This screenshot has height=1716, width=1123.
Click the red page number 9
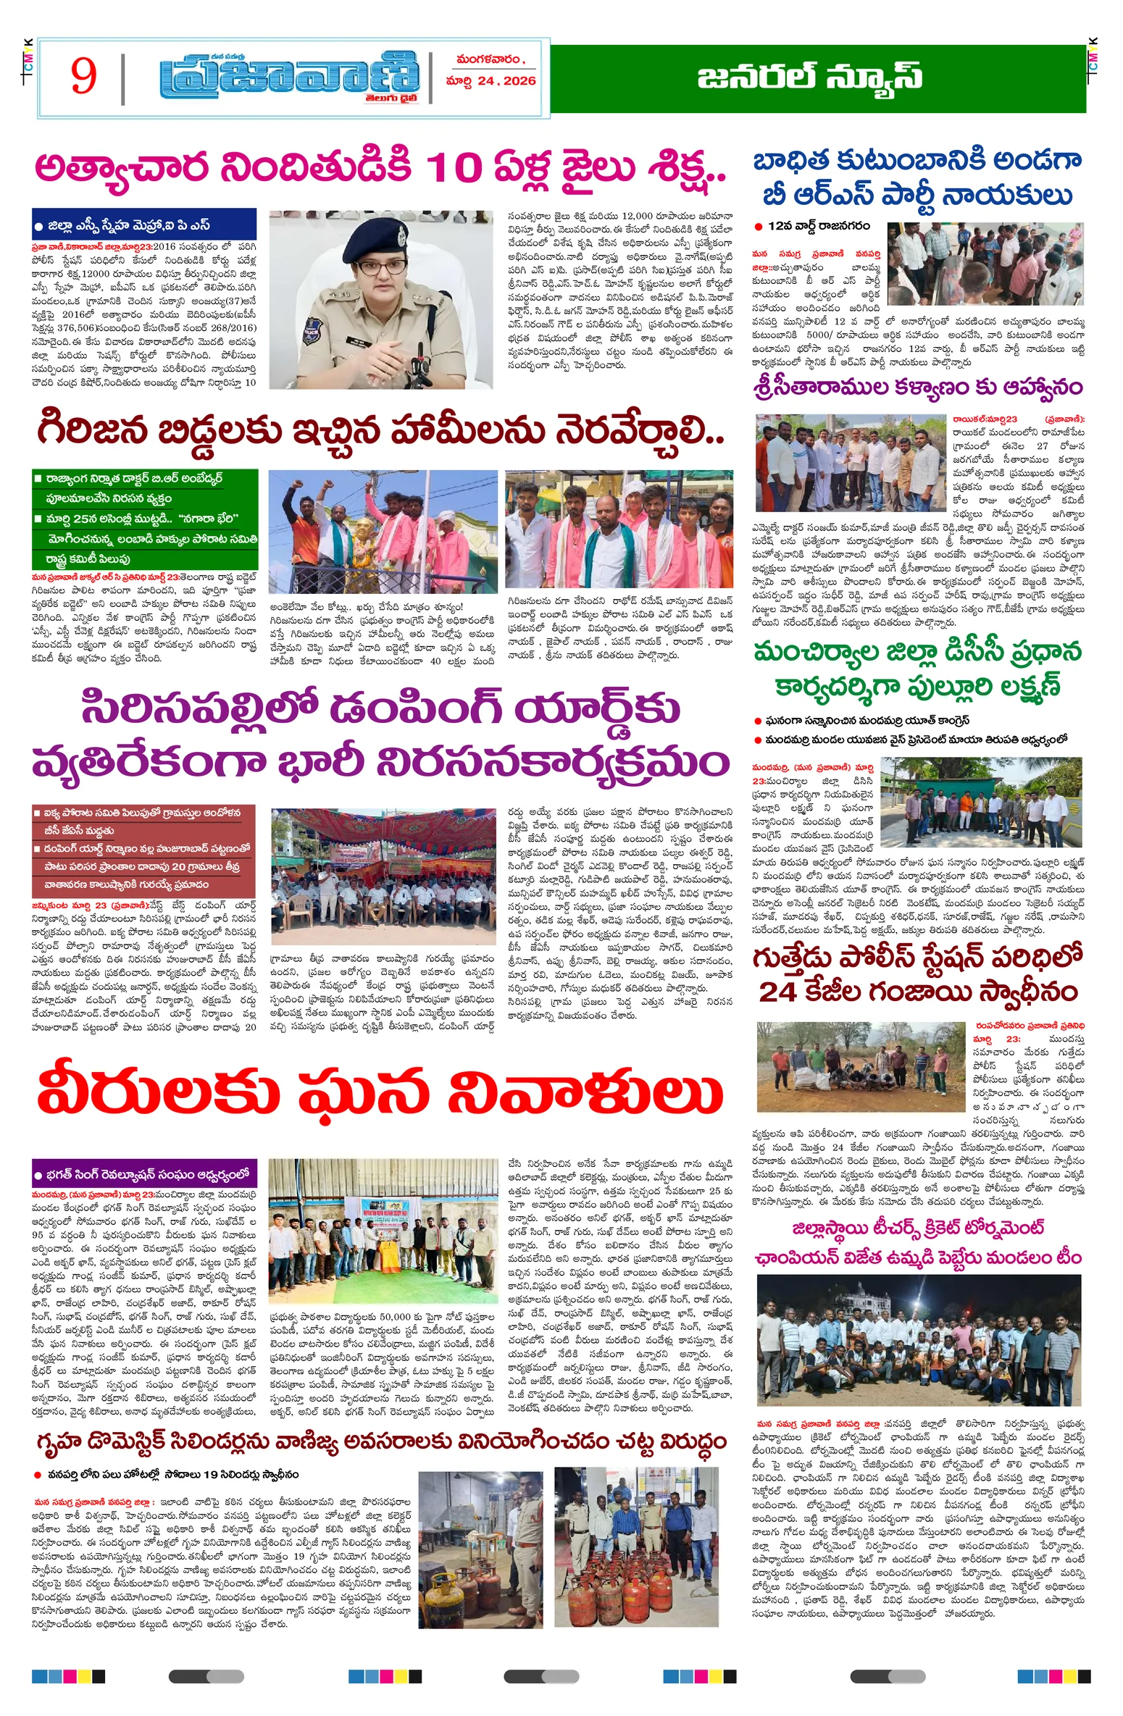pyautogui.click(x=83, y=76)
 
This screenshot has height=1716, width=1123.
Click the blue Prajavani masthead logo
pyautogui.click(x=289, y=78)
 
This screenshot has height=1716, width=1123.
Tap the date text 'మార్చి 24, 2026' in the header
pyautogui.click(x=490, y=81)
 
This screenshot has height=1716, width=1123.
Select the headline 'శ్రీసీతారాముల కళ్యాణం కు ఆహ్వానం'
pyautogui.click(x=918, y=388)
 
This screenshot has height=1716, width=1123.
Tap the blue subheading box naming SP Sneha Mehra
pyautogui.click(x=143, y=225)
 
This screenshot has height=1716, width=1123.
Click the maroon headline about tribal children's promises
pyautogui.click(x=380, y=432)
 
